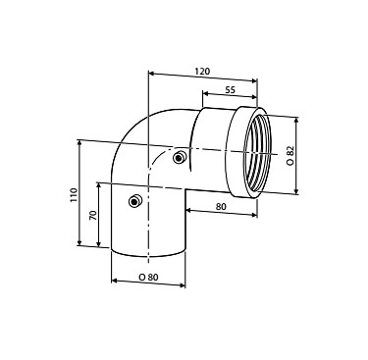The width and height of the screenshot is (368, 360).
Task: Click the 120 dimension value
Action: [x=202, y=71]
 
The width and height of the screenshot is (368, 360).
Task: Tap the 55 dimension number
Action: [x=231, y=90]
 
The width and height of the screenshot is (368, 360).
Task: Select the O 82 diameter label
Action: [x=290, y=155]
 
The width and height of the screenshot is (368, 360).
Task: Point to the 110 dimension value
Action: [x=74, y=195]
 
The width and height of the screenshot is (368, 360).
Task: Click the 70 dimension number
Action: [x=93, y=215]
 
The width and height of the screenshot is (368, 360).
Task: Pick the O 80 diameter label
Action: [x=148, y=278]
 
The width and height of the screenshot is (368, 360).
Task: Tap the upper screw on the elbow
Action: [x=179, y=158]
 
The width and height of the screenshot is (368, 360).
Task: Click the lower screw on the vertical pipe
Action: [x=134, y=201]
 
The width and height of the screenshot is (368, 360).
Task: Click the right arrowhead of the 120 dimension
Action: [x=254, y=80]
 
